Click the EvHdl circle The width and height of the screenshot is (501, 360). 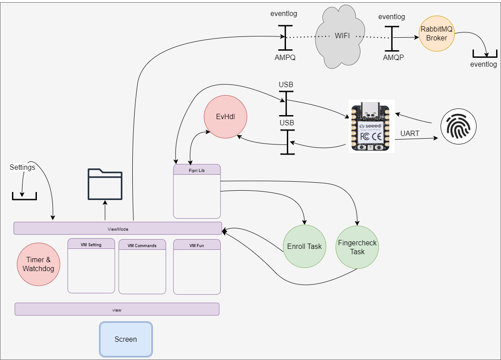pyautogui.click(x=225, y=117)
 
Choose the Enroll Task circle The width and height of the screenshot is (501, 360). pyautogui.click(x=304, y=247)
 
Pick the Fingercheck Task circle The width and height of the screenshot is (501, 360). pyautogui.click(x=357, y=247)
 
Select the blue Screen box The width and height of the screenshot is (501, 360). pyautogui.click(x=126, y=339)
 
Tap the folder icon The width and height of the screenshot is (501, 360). pyautogui.click(x=105, y=185)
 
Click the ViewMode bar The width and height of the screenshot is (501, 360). pyautogui.click(x=118, y=228)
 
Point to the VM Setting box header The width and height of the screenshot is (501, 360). pyautogui.click(x=91, y=244)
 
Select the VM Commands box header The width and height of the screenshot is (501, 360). pyautogui.click(x=142, y=245)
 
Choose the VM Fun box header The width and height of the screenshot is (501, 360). pyautogui.click(x=197, y=245)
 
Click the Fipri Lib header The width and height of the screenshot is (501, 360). pyautogui.click(x=197, y=170)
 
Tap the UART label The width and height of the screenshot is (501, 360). pyautogui.click(x=410, y=133)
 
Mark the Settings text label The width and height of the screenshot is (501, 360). pyautogui.click(x=22, y=168)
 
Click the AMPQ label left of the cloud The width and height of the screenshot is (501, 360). pyautogui.click(x=285, y=57)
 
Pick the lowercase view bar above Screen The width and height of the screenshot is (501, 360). pyautogui.click(x=117, y=309)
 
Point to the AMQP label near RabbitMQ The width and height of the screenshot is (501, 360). pyautogui.click(x=394, y=57)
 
